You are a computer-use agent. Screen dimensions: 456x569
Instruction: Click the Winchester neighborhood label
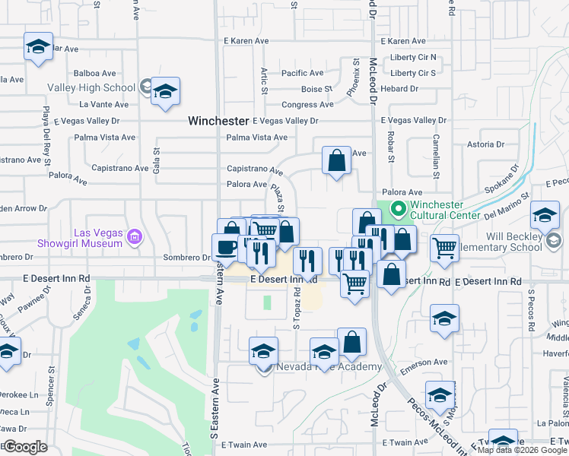click(218, 121)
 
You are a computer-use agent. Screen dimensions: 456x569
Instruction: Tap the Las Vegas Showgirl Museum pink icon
click(135, 238)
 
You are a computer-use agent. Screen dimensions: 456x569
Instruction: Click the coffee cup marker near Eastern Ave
click(226, 246)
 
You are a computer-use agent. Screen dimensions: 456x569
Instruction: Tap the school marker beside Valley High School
click(165, 92)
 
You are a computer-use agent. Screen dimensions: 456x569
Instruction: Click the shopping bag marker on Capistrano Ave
click(336, 160)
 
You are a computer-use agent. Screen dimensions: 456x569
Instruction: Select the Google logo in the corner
click(26, 446)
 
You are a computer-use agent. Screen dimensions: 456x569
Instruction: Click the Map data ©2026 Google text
click(522, 450)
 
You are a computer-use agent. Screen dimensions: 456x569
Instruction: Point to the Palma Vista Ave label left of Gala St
click(105, 138)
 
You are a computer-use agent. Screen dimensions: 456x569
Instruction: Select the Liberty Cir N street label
click(412, 57)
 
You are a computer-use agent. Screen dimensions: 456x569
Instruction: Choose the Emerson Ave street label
click(425, 363)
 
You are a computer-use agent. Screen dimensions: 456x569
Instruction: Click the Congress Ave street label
click(307, 105)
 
